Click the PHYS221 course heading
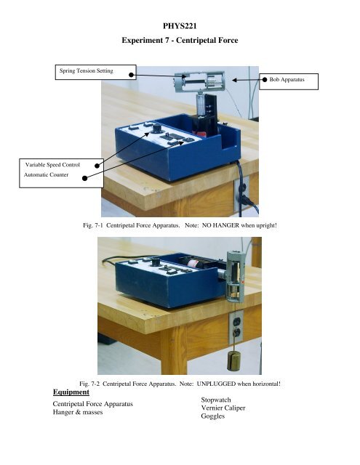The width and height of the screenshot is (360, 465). [x=180, y=26]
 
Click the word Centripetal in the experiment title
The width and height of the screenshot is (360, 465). [x=196, y=40]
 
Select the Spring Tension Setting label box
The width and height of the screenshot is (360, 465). [x=95, y=72]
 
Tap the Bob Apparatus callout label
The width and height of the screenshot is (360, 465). [x=289, y=81]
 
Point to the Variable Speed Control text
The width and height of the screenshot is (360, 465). [x=52, y=165]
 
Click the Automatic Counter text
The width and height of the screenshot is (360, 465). [x=46, y=174]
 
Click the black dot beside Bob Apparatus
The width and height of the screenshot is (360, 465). [x=265, y=79]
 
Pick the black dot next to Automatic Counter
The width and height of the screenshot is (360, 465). [x=84, y=178]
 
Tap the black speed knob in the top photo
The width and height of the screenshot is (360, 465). [x=156, y=129]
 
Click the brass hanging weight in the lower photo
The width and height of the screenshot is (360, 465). [x=233, y=360]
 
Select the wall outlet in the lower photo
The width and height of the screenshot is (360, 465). [x=236, y=326]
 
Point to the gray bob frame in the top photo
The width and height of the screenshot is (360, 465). [x=199, y=82]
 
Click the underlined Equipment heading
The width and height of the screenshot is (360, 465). [x=71, y=392]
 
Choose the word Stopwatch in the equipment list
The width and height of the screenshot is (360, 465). [x=216, y=400]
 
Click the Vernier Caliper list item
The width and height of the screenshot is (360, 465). [x=223, y=408]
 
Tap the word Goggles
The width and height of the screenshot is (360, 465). [x=213, y=416]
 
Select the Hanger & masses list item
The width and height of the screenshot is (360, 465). [x=78, y=412]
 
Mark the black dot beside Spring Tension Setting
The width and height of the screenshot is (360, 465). [x=131, y=75]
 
